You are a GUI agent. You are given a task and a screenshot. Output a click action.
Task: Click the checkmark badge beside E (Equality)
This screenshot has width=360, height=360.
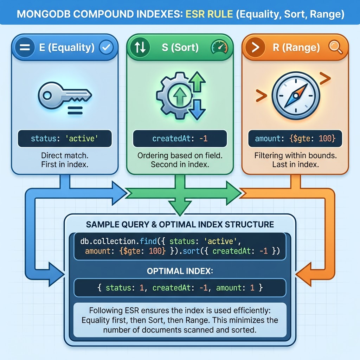click(x=106, y=48)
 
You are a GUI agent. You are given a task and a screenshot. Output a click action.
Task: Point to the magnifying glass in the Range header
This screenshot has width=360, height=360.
click(x=335, y=48)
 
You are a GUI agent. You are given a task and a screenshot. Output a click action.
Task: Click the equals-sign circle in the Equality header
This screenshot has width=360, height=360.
click(x=25, y=48)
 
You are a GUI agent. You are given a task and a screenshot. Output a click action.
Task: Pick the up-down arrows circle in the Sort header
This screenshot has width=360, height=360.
click(x=140, y=48)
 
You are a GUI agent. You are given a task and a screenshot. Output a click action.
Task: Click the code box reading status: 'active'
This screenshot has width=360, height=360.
click(x=65, y=139)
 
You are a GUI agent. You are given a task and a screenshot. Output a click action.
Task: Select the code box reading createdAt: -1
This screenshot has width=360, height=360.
click(x=180, y=139)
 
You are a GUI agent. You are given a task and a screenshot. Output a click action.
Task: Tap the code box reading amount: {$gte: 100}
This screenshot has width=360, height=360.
click(x=295, y=139)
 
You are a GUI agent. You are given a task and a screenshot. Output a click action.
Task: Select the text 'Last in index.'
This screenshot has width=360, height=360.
click(x=295, y=164)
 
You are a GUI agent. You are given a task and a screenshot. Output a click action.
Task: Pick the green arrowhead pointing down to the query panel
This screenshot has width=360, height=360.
click(x=180, y=207)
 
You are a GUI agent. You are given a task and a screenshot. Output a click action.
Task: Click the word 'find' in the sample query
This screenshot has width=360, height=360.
click(x=146, y=241)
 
